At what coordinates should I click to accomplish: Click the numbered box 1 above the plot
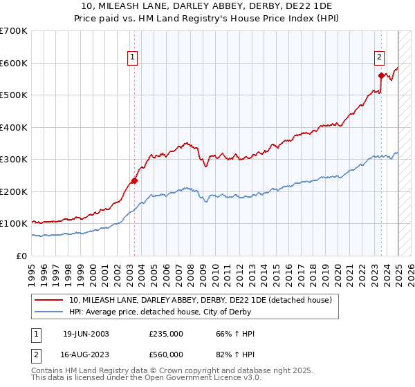pos(132,58)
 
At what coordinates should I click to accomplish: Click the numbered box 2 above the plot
pos(380,58)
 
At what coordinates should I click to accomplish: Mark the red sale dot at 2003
pos(134,181)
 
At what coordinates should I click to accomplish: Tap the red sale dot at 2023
pos(381,75)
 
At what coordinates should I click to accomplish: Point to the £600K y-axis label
pos(14,63)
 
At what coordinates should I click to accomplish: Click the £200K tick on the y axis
pos(14,191)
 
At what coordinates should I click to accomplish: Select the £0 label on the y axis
pos(22,256)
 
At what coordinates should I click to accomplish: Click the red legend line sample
pos(49,300)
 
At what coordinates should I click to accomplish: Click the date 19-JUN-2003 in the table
pos(86,334)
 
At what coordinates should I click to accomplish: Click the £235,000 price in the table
pos(166,334)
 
